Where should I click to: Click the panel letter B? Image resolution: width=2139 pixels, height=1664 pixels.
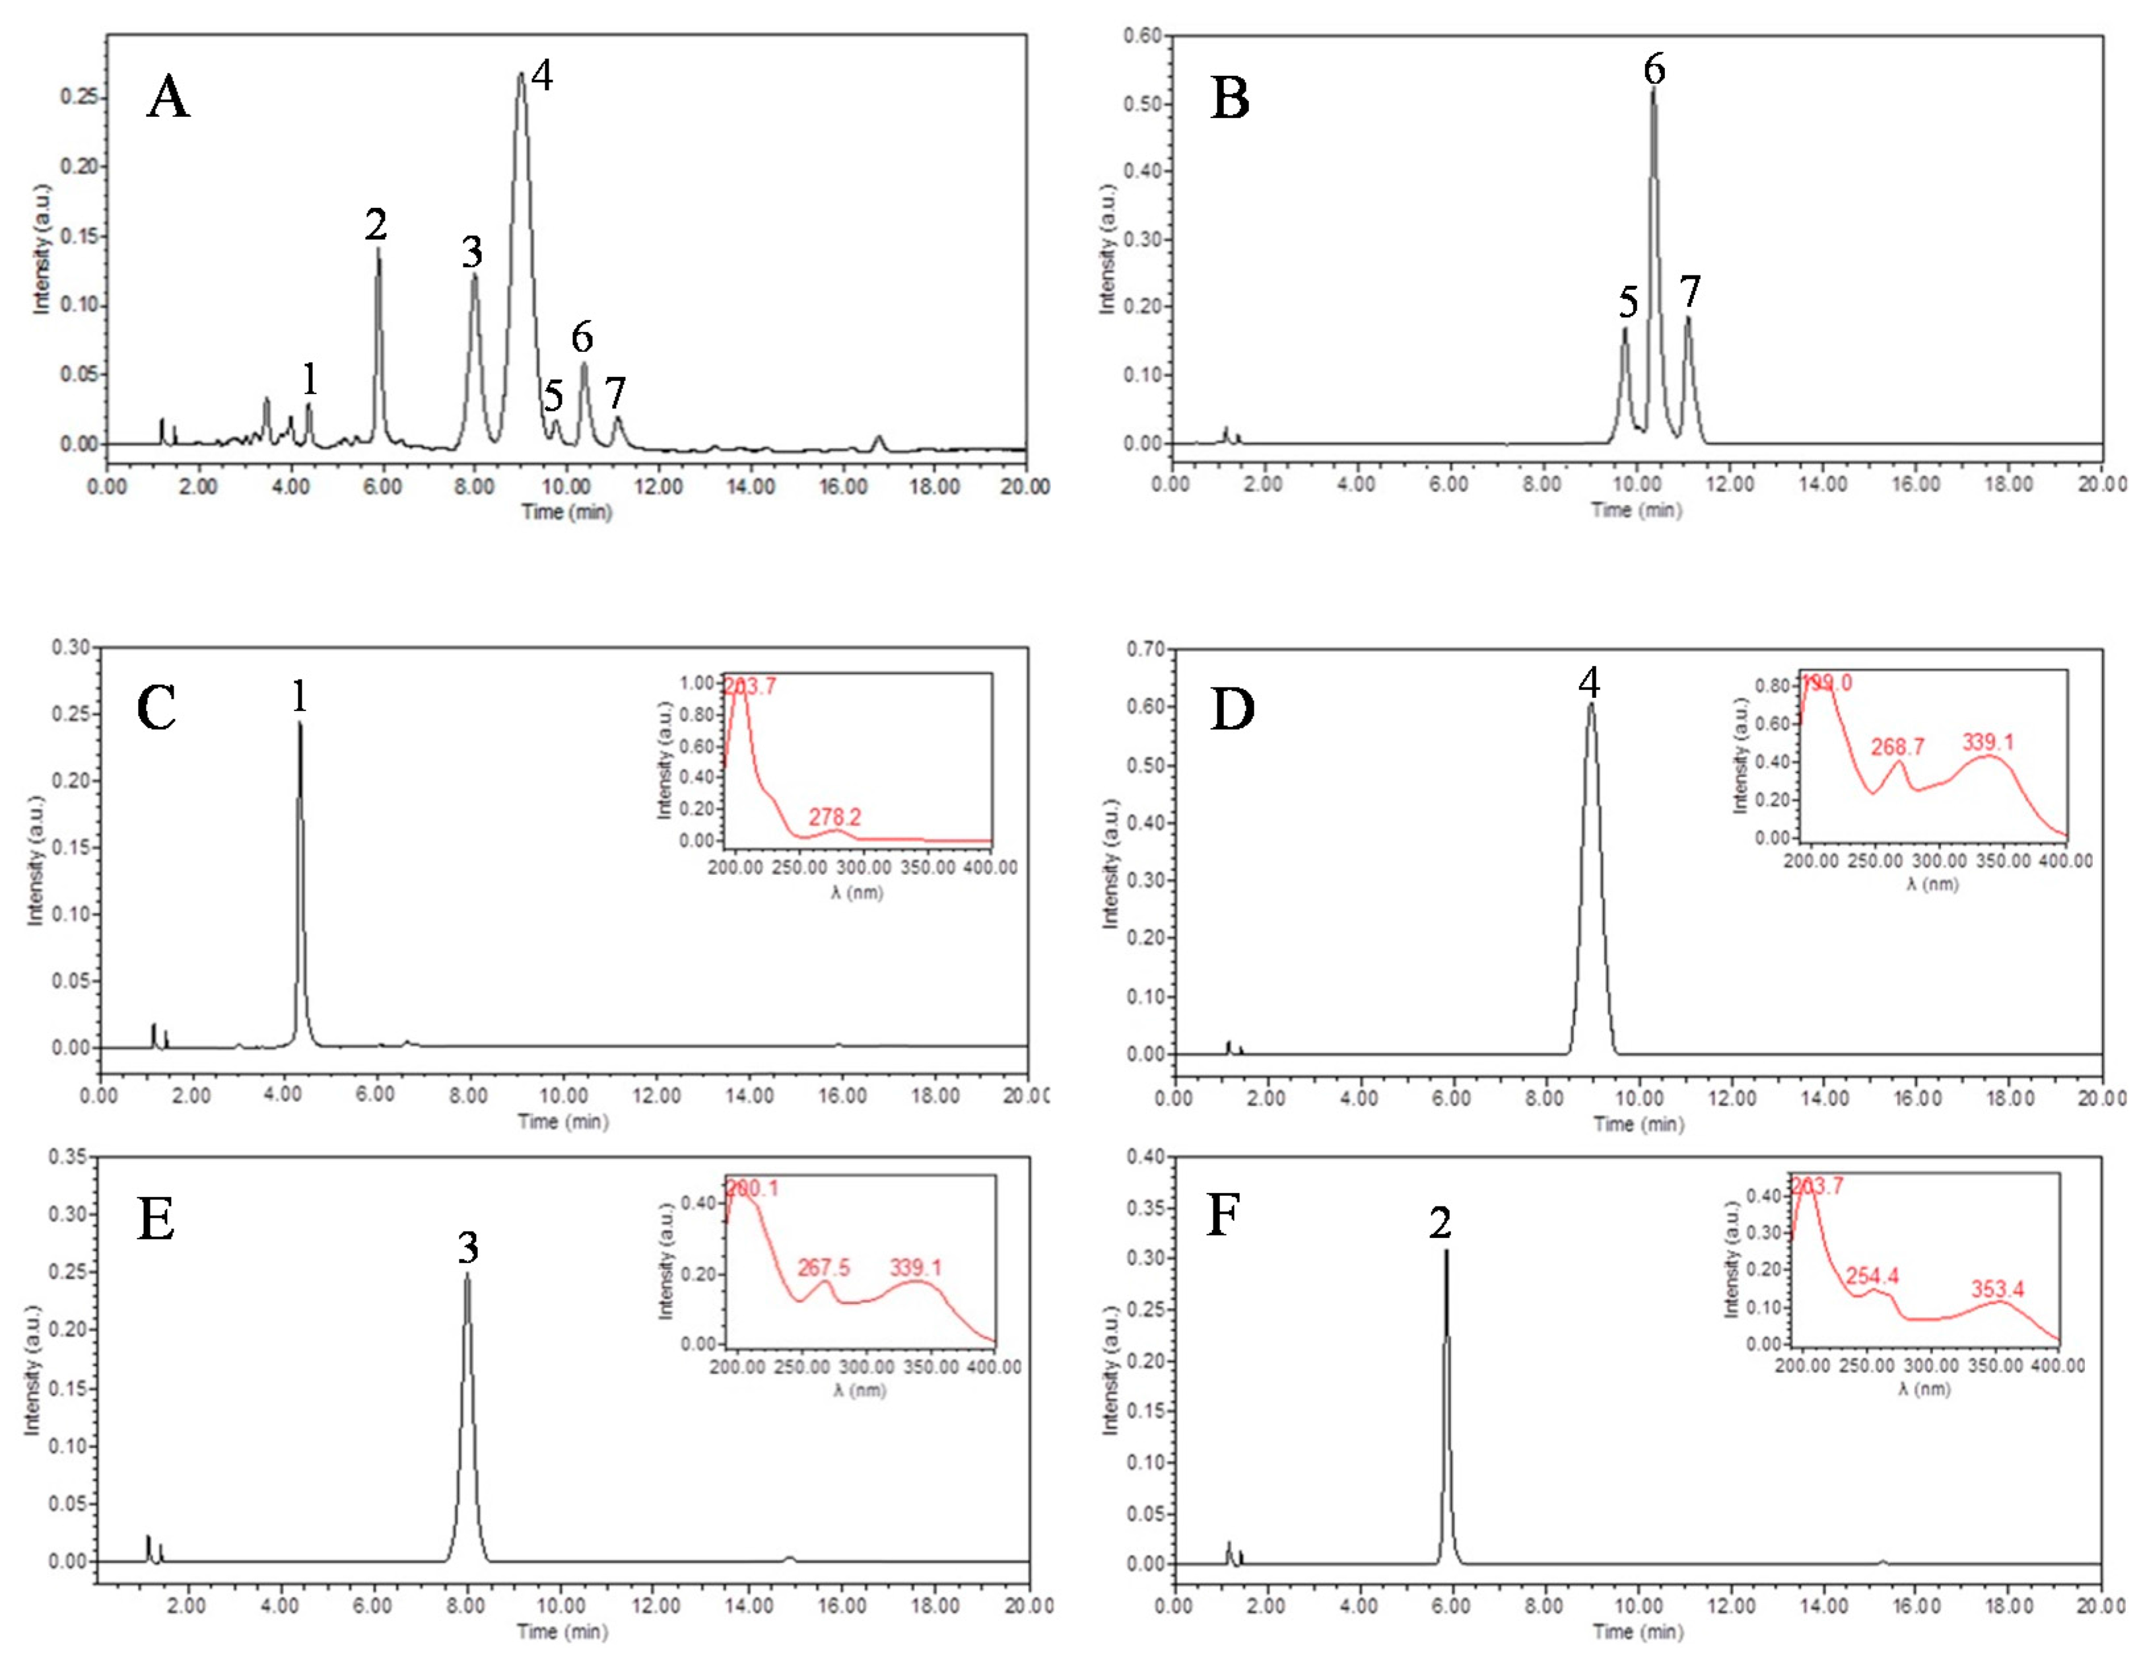point(1229,99)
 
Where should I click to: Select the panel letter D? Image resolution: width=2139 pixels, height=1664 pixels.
point(1232,710)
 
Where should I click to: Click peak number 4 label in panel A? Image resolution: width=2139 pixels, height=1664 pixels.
point(541,75)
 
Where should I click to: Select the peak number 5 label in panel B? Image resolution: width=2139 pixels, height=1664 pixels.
point(1628,302)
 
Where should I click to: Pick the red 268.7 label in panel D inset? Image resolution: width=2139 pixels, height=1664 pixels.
point(1897,747)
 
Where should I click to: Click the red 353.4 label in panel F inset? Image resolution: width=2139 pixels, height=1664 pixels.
point(1997,1289)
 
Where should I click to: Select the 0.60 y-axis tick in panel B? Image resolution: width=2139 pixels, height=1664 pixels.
point(1142,36)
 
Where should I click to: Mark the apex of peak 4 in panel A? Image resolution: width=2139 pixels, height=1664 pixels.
point(521,73)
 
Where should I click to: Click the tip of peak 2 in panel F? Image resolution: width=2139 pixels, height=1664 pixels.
point(1446,1251)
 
